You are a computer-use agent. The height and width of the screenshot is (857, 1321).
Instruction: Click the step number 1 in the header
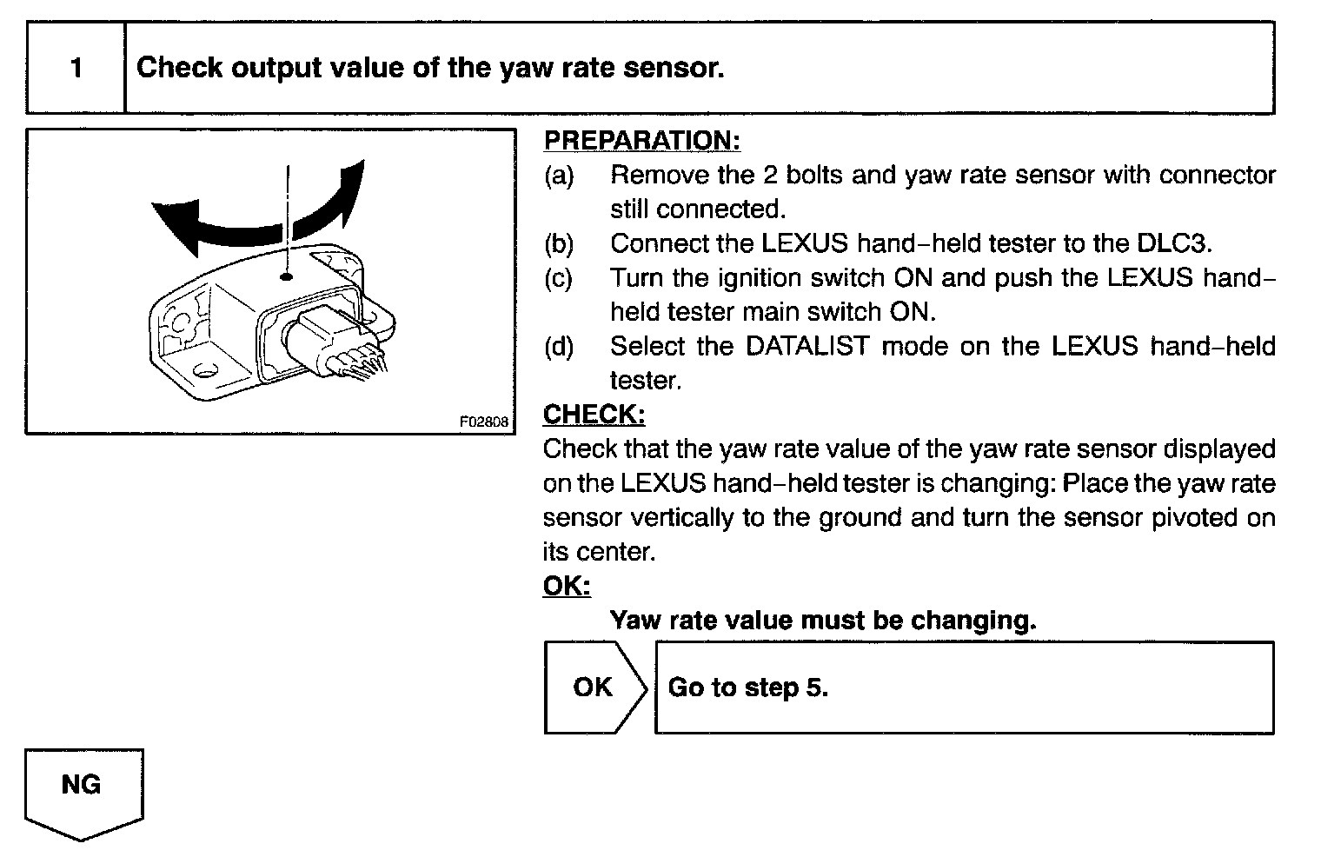pyautogui.click(x=76, y=68)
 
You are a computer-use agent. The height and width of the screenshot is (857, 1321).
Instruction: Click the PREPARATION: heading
pyautogui.click(x=641, y=140)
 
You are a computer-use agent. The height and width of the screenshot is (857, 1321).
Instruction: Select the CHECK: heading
pyautogui.click(x=594, y=415)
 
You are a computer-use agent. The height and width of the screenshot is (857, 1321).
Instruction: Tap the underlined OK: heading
pyautogui.click(x=566, y=586)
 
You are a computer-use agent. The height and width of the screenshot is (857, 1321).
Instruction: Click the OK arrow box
pyautogui.click(x=594, y=687)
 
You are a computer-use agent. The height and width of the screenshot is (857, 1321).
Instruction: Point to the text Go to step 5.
pyautogui.click(x=747, y=688)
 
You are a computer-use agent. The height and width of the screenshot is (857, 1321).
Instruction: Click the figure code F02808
pyautogui.click(x=484, y=422)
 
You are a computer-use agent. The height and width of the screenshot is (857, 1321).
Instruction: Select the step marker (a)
pyautogui.click(x=559, y=176)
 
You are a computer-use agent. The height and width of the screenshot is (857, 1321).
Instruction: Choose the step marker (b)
pyautogui.click(x=559, y=243)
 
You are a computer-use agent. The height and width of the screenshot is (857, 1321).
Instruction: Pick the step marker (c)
pyautogui.click(x=559, y=278)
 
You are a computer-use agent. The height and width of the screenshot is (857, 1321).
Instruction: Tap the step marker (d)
pyautogui.click(x=559, y=347)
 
